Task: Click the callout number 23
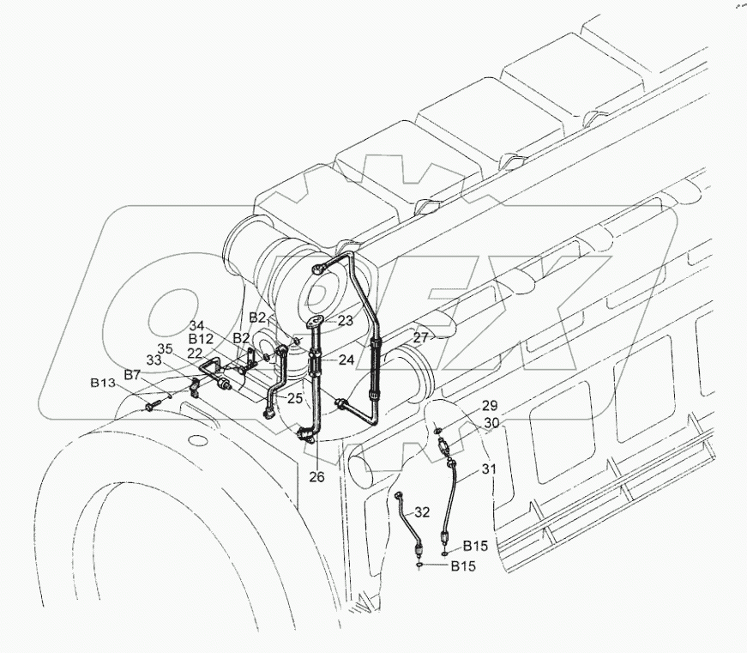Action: click(322, 320)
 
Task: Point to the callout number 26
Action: click(317, 477)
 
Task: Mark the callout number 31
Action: click(487, 469)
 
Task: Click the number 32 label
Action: click(422, 512)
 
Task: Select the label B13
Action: click(104, 383)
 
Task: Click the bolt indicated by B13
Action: click(154, 404)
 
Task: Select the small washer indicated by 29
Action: click(437, 429)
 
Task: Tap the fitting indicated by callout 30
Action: click(443, 446)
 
